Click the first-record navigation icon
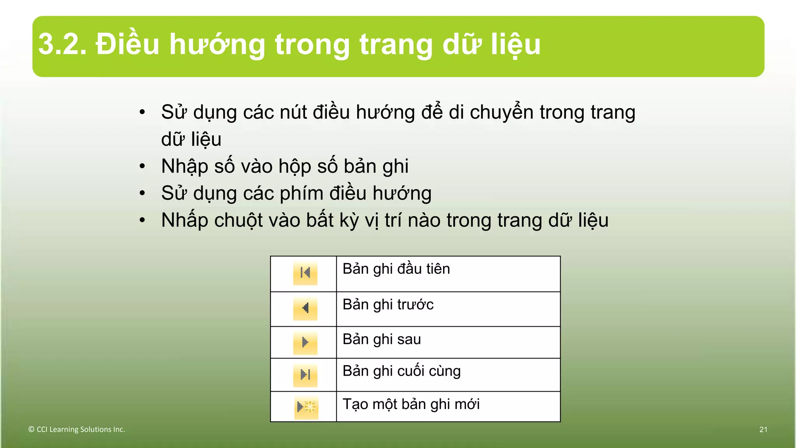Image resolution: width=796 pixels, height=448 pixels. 305,273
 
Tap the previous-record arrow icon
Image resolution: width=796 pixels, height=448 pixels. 305,308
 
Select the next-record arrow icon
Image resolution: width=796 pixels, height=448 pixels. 305,343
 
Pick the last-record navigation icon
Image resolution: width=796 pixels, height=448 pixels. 305,375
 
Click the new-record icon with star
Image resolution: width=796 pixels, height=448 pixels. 306,407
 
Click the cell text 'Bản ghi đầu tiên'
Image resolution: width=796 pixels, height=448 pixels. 396,269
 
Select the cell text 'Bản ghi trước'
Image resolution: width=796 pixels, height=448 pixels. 388,304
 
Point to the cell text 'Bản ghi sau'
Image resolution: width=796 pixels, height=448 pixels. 382,339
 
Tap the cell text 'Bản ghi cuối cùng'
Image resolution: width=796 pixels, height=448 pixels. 401,371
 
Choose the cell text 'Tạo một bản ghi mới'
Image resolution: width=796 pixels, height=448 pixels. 411,404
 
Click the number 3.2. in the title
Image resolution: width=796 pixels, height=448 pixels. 62,44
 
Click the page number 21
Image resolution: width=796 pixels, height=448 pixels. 763,429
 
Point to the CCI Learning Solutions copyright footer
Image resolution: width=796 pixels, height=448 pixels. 77,429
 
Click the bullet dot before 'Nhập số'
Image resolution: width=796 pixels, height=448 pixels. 142,166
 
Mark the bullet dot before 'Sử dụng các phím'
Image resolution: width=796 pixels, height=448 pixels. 142,193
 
